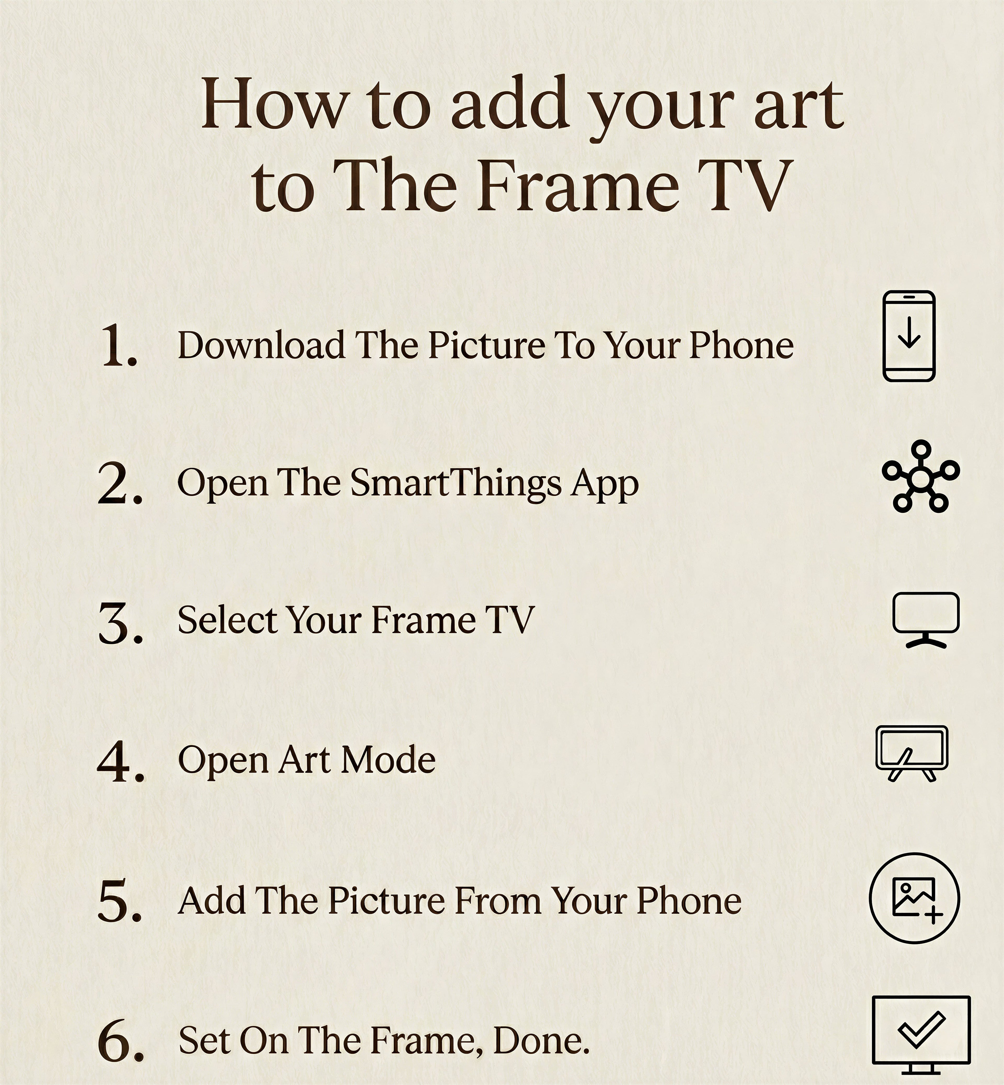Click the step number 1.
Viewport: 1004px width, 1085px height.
[x=118, y=345]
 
